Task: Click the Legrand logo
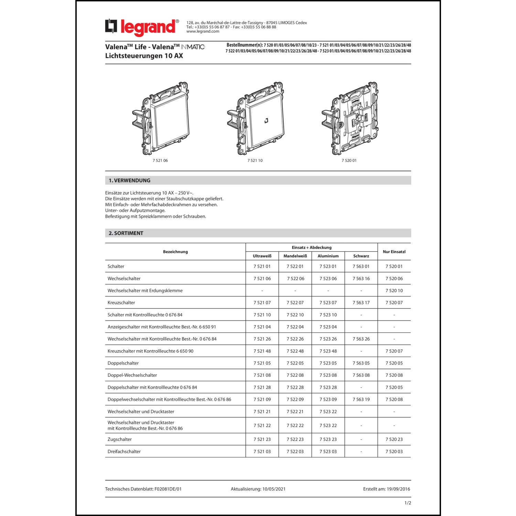point(142,27)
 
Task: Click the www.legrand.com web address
point(203,31)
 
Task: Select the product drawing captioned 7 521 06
point(161,119)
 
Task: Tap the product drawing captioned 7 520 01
point(350,119)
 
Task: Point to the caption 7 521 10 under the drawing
point(255,161)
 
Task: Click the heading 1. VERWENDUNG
point(130,181)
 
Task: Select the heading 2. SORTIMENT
point(126,233)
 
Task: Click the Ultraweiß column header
point(262,256)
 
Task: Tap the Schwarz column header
point(361,256)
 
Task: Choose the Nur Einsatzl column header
point(394,252)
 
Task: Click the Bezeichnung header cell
point(175,252)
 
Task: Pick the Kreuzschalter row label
point(121,303)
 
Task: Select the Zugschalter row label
point(120,439)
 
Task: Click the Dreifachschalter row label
point(124,451)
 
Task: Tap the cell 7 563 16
point(361,279)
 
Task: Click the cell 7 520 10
point(394,291)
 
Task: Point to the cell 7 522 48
point(295,351)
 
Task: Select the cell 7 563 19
point(361,399)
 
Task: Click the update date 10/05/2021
point(274,489)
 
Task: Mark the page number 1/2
point(408,503)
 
